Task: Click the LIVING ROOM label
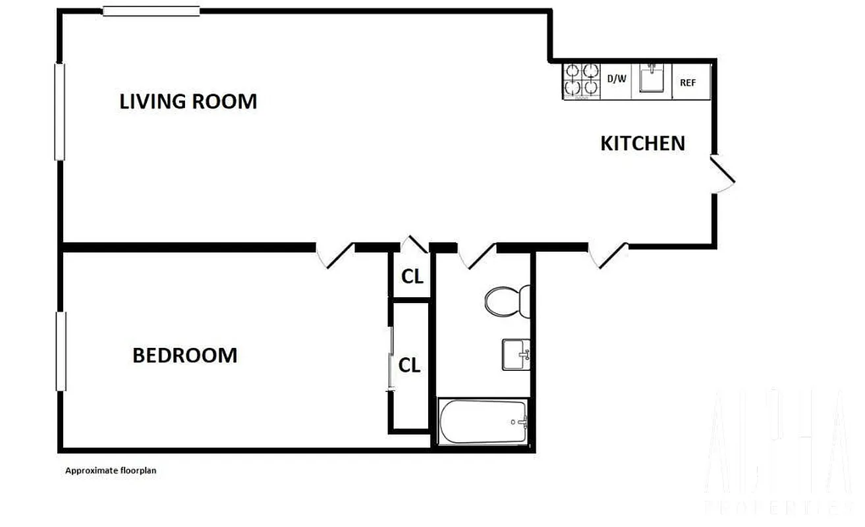[188, 101]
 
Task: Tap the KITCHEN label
[642, 143]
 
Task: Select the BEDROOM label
[184, 356]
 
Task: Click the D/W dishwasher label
[616, 79]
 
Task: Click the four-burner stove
[582, 81]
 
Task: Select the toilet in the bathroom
[508, 300]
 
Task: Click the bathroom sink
[516, 354]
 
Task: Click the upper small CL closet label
[412, 277]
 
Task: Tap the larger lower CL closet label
[410, 365]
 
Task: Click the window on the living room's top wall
[152, 11]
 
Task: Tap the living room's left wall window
[59, 111]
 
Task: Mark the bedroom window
[61, 351]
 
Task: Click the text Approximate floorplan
[110, 471]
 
